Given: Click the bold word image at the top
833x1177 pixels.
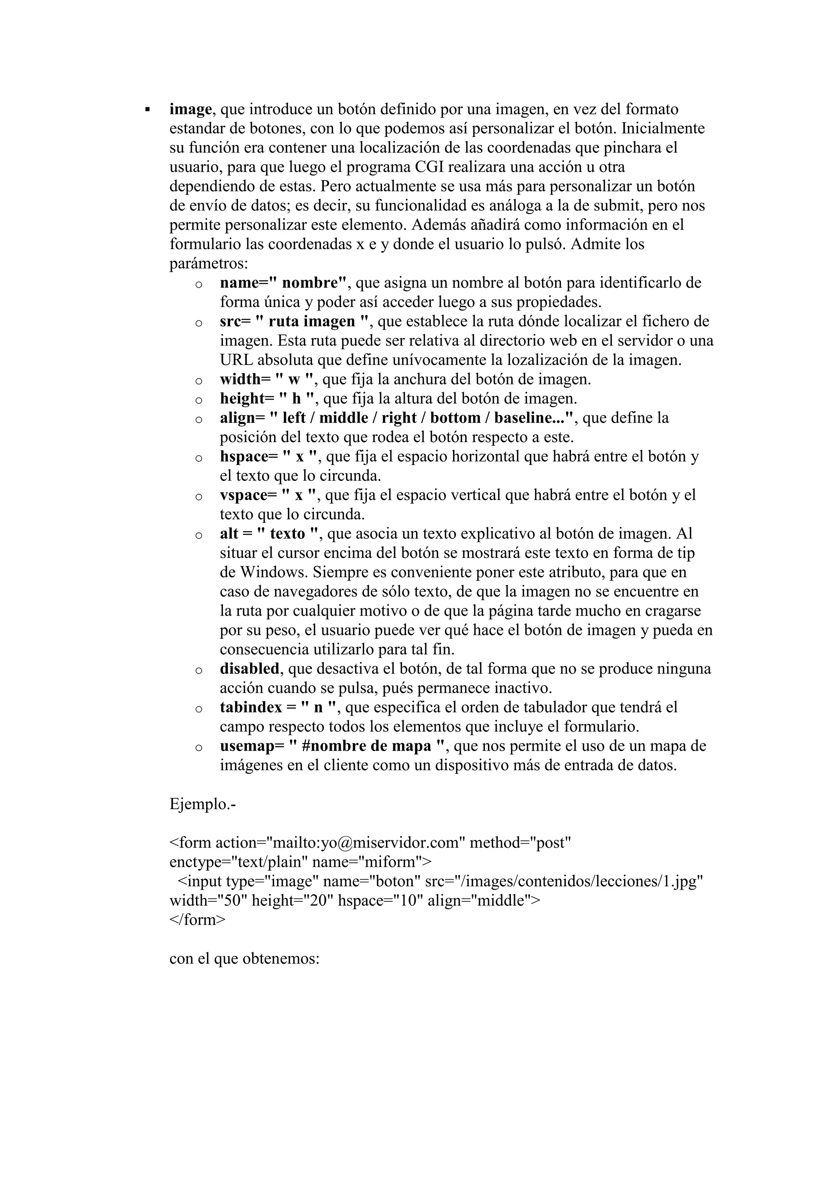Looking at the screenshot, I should pos(190,110).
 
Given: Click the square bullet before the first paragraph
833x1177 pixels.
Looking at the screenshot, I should pos(148,110).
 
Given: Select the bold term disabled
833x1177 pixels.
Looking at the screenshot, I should pos(250,669).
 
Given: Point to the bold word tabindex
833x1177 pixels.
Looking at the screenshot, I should pos(251,708).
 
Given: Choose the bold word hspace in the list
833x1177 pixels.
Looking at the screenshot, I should pos(244,457).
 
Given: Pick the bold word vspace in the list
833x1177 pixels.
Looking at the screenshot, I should pos(244,495).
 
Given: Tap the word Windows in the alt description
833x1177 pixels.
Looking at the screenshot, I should pos(274,572).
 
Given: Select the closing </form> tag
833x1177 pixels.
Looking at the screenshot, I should pos(197,920).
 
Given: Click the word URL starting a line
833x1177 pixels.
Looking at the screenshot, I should pos(236,360).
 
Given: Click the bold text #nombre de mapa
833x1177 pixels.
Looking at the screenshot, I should pos(367,746).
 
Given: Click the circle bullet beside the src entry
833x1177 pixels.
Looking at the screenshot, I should pos(198,324).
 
